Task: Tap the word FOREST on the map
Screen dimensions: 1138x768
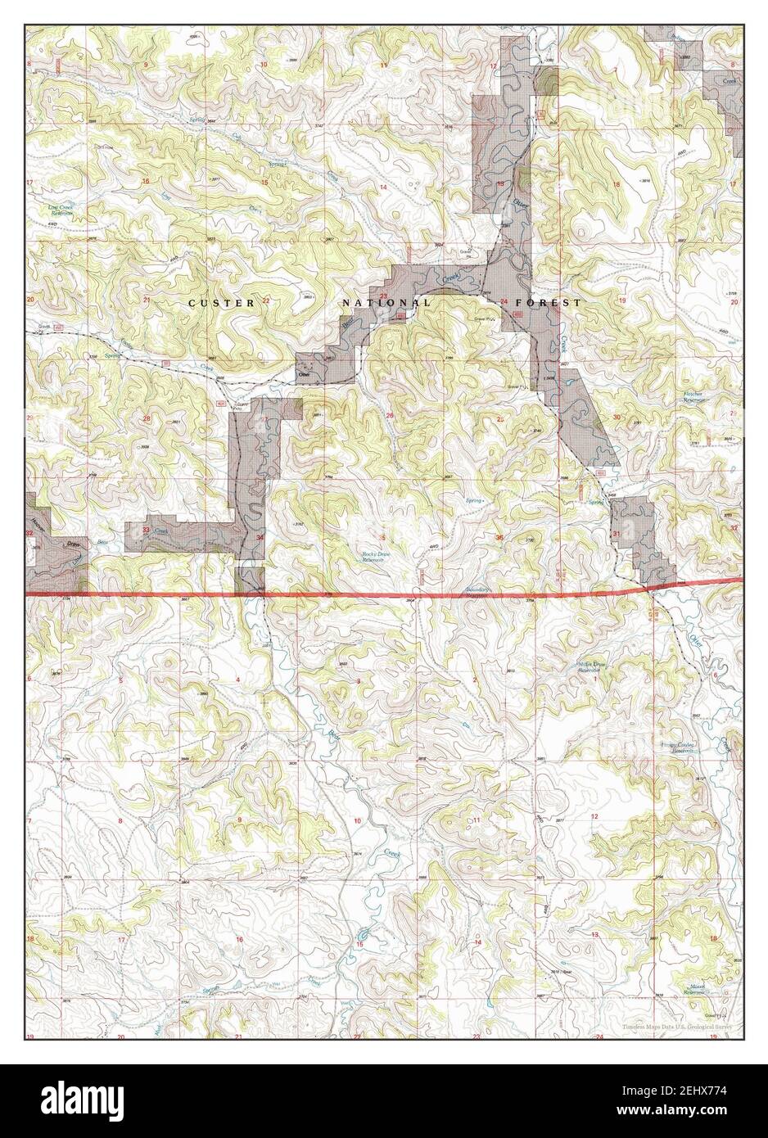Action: coord(555,302)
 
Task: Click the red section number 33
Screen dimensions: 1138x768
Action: coord(146,531)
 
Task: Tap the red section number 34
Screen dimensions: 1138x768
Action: coord(260,537)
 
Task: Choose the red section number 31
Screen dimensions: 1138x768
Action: coord(616,534)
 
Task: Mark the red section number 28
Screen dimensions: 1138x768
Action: coord(147,419)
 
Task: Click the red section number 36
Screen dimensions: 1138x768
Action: coord(499,537)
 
